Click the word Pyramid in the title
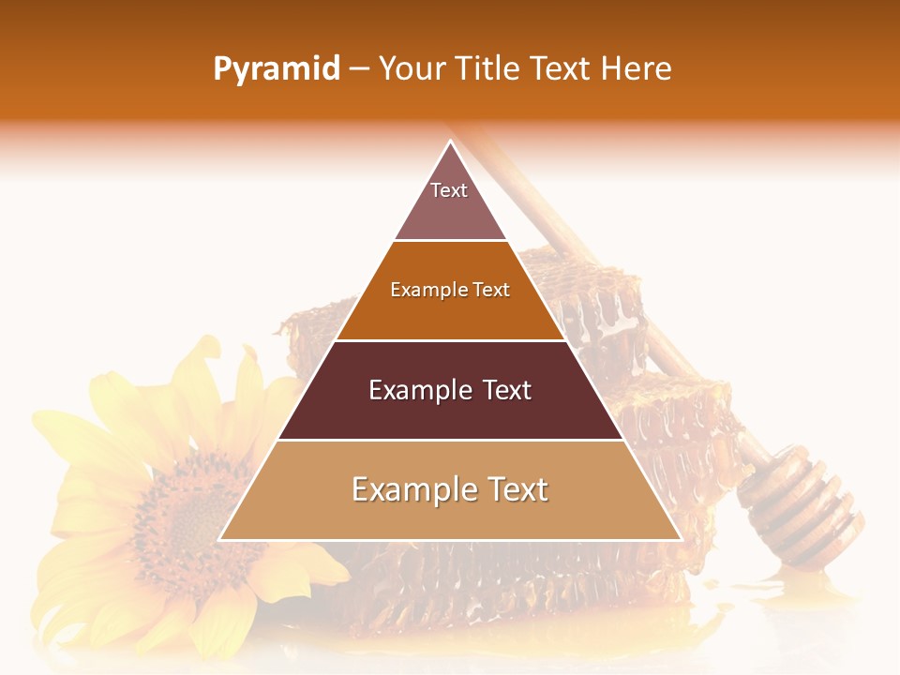click(x=277, y=69)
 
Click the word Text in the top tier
click(x=449, y=190)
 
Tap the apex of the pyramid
click(x=450, y=142)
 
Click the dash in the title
click(x=359, y=69)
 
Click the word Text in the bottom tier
click(x=512, y=489)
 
